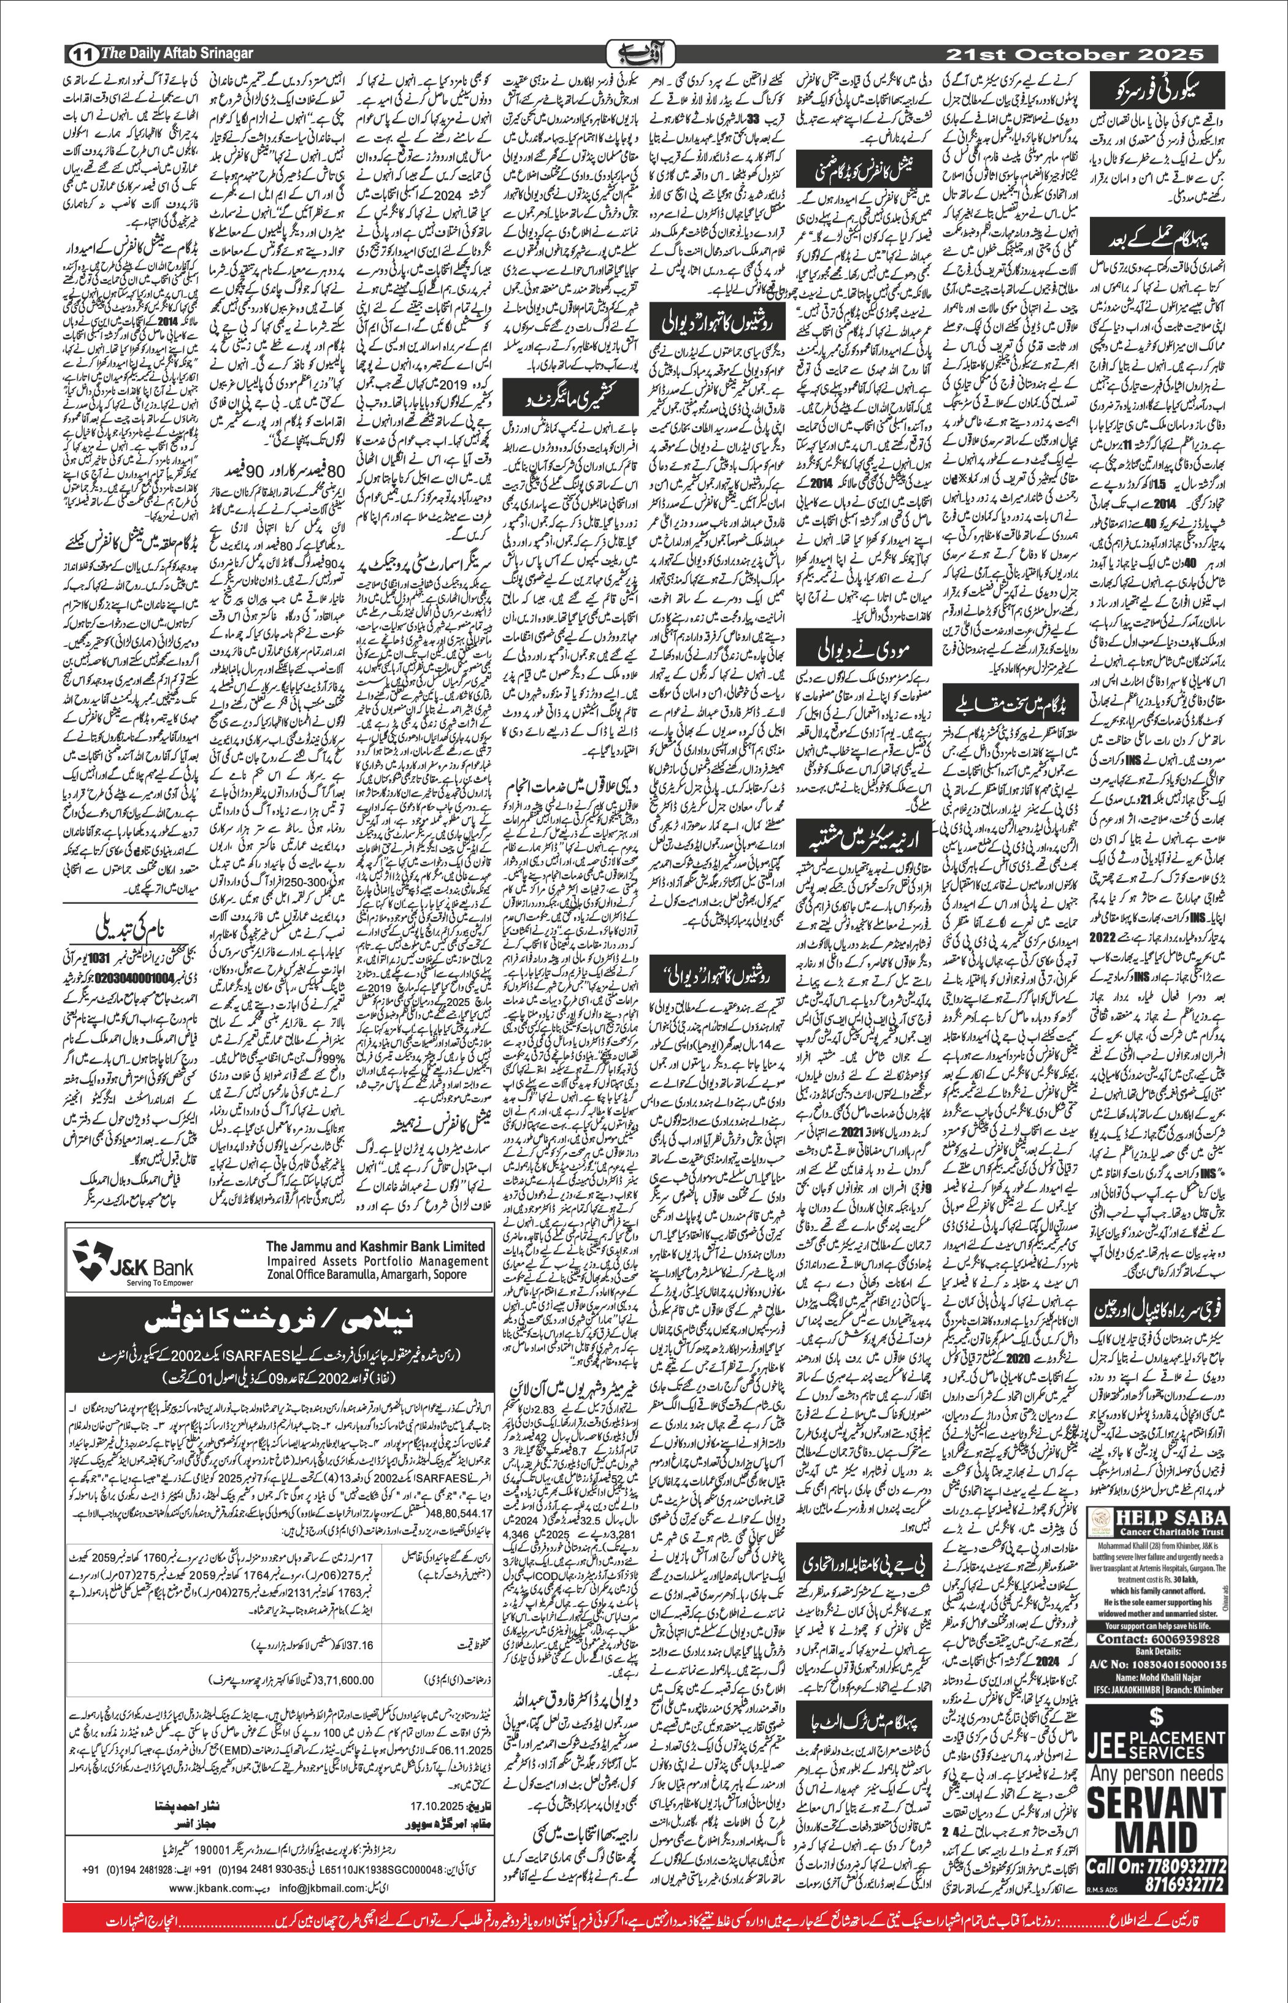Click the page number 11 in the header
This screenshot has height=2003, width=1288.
82,55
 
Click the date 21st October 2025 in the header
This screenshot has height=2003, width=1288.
1074,55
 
